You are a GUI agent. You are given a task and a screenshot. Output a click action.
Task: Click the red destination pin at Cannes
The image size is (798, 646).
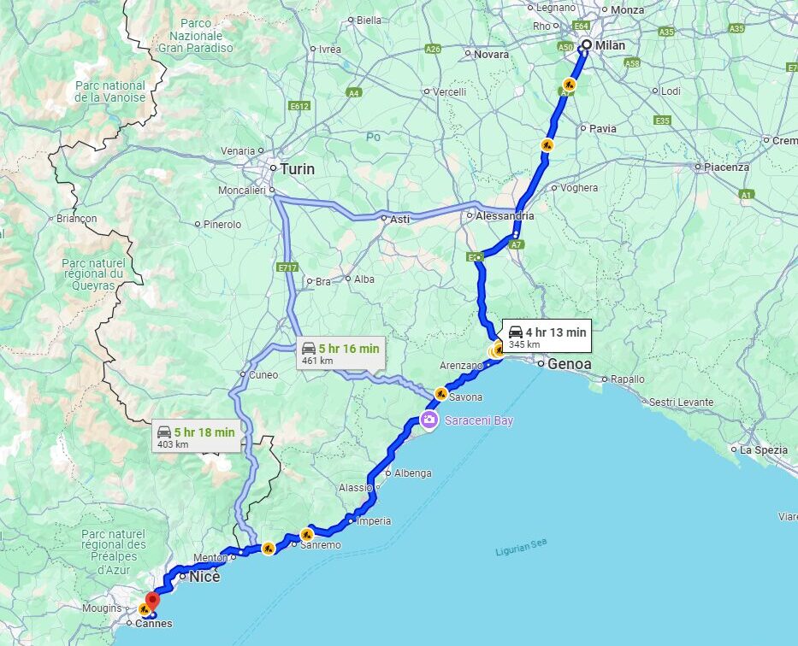[152, 601]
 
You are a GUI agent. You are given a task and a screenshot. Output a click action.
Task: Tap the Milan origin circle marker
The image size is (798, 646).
[586, 45]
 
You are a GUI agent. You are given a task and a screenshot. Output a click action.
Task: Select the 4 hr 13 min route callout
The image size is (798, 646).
[546, 336]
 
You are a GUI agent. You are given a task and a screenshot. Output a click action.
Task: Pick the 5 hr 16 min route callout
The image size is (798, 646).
[340, 352]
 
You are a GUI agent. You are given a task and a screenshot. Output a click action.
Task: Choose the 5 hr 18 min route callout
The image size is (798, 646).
[195, 437]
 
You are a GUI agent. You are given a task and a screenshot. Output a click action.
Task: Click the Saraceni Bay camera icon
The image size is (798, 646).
[429, 420]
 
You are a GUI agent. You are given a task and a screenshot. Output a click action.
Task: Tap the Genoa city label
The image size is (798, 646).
[570, 364]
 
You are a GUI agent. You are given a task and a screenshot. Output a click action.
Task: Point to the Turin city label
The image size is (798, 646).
[297, 169]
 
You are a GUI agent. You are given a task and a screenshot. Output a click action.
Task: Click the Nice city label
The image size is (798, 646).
[204, 577]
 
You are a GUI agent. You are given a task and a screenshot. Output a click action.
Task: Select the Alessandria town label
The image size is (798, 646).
[505, 216]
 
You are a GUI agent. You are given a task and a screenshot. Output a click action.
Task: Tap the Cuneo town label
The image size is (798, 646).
[263, 374]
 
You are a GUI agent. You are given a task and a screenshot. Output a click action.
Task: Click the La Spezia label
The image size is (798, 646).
[764, 449]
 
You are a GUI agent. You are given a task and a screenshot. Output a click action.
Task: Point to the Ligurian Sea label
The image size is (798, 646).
[521, 547]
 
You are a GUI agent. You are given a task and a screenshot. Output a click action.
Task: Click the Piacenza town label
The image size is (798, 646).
[726, 167]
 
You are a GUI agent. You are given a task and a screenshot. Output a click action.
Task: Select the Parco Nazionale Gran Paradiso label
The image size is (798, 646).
[196, 36]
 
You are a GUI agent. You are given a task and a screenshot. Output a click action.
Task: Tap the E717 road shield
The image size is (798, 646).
[287, 267]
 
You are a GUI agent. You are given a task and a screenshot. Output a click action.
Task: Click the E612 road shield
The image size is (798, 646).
[299, 106]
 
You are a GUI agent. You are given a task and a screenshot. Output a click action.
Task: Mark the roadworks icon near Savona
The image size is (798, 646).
[440, 394]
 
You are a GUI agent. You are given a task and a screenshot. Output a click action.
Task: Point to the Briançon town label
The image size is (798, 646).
[76, 219]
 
